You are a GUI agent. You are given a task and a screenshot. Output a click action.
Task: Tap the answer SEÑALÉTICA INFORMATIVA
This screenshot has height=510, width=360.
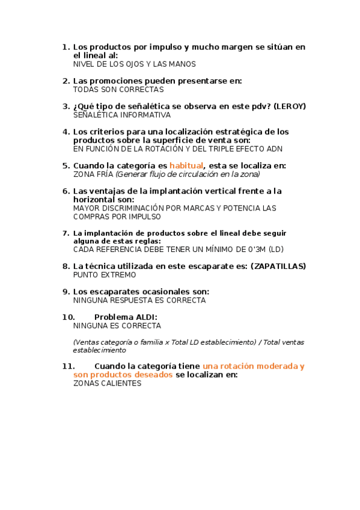pos(122,114)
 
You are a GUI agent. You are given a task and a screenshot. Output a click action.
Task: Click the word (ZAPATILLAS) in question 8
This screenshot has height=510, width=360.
pos(278,266)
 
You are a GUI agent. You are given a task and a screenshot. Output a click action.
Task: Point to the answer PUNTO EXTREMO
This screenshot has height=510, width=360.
pos(105,275)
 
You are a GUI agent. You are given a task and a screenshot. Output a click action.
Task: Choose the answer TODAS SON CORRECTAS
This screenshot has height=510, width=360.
pos(118,89)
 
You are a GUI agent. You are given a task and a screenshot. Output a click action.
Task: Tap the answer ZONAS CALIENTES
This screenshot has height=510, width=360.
pos(107,383)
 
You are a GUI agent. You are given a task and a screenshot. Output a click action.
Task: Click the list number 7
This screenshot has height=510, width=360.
pos(66,233)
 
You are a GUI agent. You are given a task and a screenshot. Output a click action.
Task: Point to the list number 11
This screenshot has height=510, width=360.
pos(68,366)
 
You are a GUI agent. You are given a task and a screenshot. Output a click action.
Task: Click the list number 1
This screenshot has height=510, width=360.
pos(66,47)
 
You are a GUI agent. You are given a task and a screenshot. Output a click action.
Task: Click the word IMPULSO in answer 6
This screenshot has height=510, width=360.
pos(144,217)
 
